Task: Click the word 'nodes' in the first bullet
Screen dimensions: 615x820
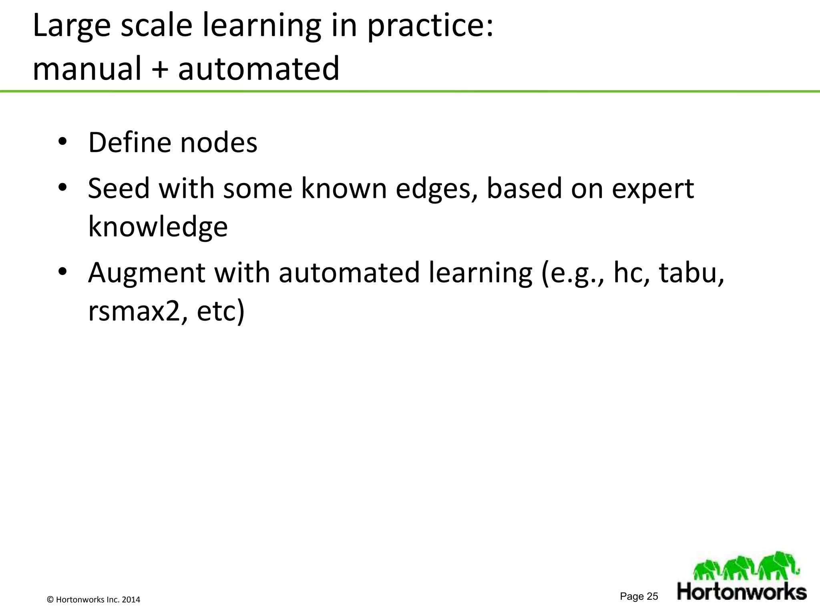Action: click(219, 143)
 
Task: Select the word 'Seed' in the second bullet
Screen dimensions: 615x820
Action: click(119, 188)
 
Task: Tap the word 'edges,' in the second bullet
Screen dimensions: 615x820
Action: click(436, 188)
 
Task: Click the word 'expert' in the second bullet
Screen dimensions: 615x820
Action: click(653, 188)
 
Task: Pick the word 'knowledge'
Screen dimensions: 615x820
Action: click(158, 227)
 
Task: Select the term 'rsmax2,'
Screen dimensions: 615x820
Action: click(138, 312)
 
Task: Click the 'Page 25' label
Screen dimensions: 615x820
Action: click(639, 597)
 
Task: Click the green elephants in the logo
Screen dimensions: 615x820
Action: click(746, 566)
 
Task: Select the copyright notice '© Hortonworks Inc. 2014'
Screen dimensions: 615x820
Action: click(94, 600)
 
